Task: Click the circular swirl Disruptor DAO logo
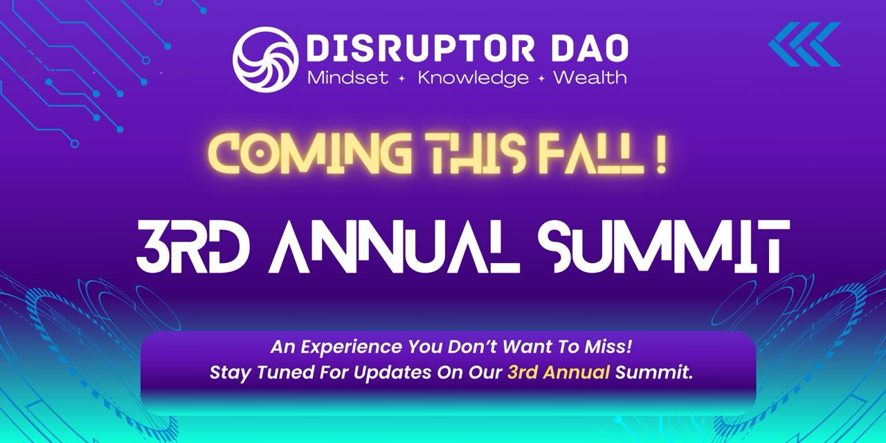click(x=265, y=60)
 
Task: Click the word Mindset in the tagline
click(x=347, y=78)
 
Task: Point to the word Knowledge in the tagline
click(x=473, y=78)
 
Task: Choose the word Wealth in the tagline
click(x=590, y=78)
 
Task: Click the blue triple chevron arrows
click(x=804, y=44)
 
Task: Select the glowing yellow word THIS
click(x=470, y=154)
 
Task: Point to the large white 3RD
click(x=190, y=247)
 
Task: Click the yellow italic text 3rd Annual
click(x=558, y=372)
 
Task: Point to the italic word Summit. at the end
click(x=654, y=372)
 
